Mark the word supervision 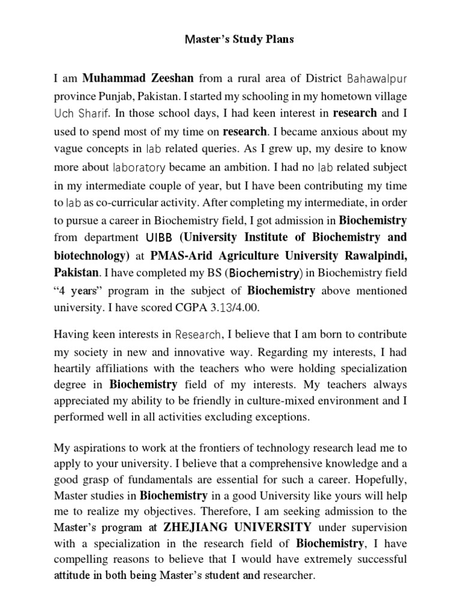click(377, 528)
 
